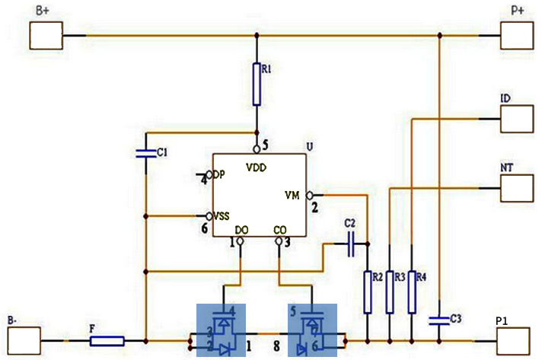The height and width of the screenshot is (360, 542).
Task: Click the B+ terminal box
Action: (46, 36)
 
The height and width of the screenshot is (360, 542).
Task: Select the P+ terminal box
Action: (517, 36)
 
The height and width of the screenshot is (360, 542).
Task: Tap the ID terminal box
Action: (517, 119)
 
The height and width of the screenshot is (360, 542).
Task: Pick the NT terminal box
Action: (517, 186)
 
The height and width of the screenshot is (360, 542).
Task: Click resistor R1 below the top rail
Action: (257, 84)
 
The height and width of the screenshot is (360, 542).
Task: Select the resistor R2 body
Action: (368, 292)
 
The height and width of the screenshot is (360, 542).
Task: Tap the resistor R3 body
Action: (390, 292)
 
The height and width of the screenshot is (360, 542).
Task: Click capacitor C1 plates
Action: (145, 153)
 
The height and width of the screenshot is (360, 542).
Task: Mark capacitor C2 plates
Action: (351, 244)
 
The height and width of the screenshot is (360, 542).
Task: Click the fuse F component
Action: (107, 340)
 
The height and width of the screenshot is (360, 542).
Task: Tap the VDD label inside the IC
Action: (257, 166)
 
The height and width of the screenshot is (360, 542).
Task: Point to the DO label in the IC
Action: (242, 229)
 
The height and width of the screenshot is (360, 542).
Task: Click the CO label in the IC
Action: (280, 229)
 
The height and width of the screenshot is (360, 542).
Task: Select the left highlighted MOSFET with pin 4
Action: (222, 330)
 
